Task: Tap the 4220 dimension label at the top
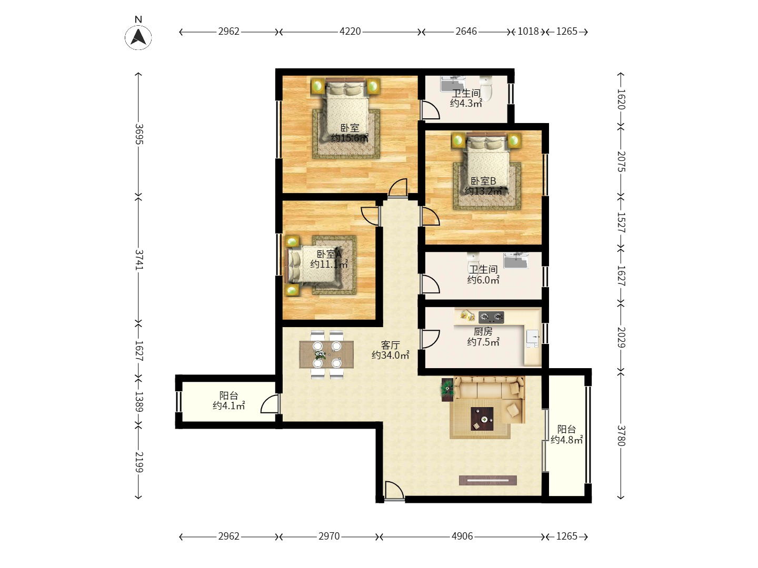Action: pyautogui.click(x=350, y=32)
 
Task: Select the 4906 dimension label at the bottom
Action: pyautogui.click(x=462, y=536)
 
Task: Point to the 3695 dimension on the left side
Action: pyautogui.click(x=139, y=134)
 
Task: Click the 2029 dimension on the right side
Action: pyautogui.click(x=621, y=337)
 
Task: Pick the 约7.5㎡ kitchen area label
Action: pyautogui.click(x=483, y=342)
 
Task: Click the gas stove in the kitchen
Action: pyautogui.click(x=491, y=317)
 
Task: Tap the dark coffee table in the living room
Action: pyautogui.click(x=482, y=419)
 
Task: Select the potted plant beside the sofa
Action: pyautogui.click(x=447, y=390)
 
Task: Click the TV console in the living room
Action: pyautogui.click(x=487, y=480)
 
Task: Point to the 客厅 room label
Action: pyautogui.click(x=390, y=345)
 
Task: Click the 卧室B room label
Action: pyautogui.click(x=483, y=181)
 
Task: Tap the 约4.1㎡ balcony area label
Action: pyautogui.click(x=228, y=405)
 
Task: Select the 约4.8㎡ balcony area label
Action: pyautogui.click(x=567, y=439)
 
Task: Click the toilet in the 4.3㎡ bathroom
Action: pyautogui.click(x=486, y=88)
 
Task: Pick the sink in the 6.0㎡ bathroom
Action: pyautogui.click(x=515, y=260)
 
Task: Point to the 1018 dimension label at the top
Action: pyautogui.click(x=528, y=32)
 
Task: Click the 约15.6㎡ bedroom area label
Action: pyautogui.click(x=350, y=138)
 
